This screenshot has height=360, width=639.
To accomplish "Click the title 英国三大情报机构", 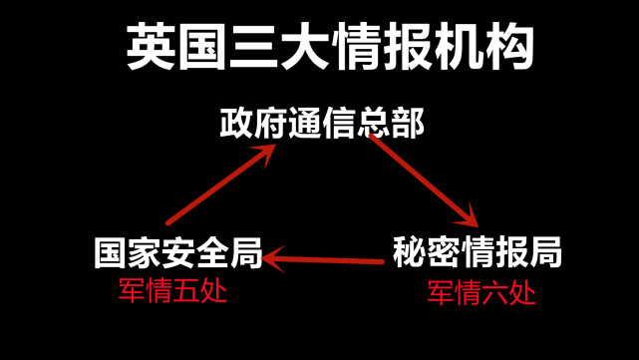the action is pos(330,47).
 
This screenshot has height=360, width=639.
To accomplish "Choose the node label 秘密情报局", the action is pos(477,251).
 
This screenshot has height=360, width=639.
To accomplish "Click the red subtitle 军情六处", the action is pos(480,293).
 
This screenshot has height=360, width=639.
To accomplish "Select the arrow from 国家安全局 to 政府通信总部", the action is pos(220,184).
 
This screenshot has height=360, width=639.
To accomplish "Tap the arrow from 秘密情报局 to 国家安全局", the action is pos(324,261).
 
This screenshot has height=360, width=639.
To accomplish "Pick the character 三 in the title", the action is pos(253,48).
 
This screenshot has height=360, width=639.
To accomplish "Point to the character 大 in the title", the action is pos(304,48).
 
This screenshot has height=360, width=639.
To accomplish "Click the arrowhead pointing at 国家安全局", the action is pos(274,260).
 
